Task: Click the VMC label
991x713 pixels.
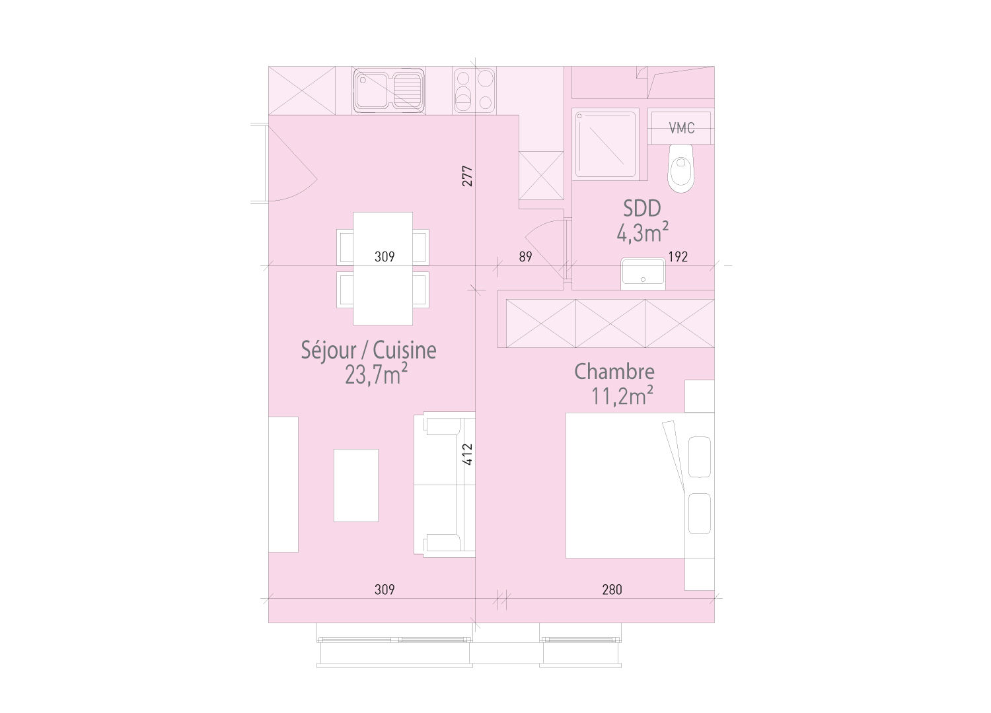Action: click(x=681, y=128)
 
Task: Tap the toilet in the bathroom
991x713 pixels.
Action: click(x=681, y=168)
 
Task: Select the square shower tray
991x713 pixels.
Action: click(x=606, y=143)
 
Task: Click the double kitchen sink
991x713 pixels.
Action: click(x=388, y=90)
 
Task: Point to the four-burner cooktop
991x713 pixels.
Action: click(x=474, y=90)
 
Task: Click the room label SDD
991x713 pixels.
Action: click(x=642, y=209)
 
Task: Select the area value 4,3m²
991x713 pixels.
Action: click(x=643, y=232)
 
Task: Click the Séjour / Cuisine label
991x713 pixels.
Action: click(x=369, y=350)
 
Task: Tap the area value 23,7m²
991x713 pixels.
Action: click(x=375, y=375)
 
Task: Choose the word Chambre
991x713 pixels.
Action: click(x=614, y=372)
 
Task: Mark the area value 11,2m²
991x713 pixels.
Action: click(x=622, y=396)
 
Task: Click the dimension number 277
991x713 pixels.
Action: click(x=467, y=176)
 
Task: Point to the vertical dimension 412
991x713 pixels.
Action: click(x=467, y=455)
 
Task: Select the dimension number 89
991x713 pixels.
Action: click(x=525, y=257)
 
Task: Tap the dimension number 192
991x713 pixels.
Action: click(x=678, y=257)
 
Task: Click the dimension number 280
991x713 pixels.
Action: click(x=612, y=590)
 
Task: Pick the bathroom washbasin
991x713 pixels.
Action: click(x=642, y=273)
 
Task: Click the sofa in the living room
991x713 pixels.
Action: click(x=444, y=485)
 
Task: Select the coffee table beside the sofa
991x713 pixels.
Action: click(x=356, y=485)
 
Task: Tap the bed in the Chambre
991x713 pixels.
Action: click(x=624, y=485)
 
